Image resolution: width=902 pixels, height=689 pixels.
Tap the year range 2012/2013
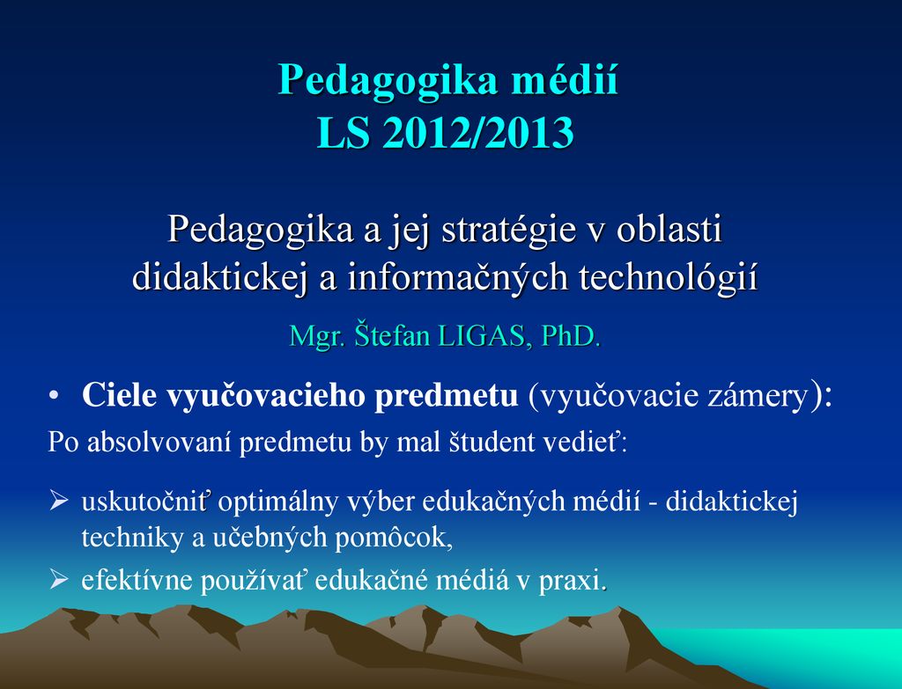point(478,133)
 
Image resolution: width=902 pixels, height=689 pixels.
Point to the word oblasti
point(669,229)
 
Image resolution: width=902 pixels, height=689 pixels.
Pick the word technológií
point(668,277)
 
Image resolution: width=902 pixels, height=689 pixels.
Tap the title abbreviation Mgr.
point(316,336)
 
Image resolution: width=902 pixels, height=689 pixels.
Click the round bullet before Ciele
point(54,396)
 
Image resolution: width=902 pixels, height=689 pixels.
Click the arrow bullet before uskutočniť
point(59,501)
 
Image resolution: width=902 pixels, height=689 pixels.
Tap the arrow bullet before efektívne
point(59,579)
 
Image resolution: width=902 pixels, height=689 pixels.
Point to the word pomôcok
point(394,539)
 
